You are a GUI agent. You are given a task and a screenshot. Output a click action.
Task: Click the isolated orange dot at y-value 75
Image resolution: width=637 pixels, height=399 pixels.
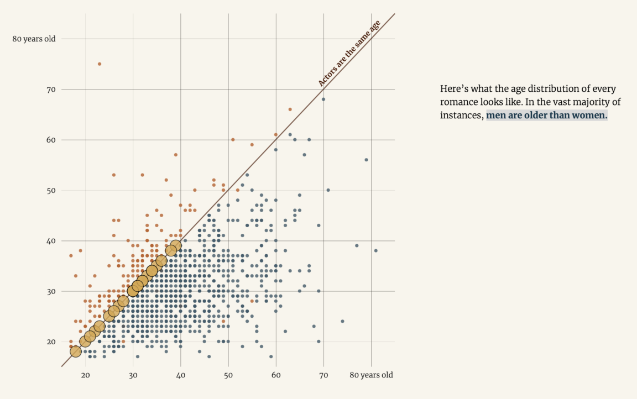coord(100,64)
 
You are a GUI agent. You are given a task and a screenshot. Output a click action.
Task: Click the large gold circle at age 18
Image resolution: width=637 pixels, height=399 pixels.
coord(76,351)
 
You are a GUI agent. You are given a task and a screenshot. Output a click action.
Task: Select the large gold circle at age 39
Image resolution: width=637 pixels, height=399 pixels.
coord(176,246)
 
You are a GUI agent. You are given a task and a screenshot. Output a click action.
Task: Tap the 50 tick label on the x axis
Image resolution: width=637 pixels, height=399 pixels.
coord(228,375)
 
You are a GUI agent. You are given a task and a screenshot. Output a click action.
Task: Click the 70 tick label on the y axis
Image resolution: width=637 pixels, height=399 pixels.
coord(51,90)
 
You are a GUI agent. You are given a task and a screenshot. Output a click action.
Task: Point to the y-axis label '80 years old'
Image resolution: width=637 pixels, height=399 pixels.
coord(34,39)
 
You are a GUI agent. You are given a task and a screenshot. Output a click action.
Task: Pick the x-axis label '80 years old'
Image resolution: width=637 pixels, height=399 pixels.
coord(371,375)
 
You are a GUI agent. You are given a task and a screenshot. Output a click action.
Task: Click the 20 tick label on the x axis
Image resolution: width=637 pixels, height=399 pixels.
coord(85,375)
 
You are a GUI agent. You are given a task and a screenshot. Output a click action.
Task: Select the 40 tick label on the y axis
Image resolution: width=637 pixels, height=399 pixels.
coord(51,241)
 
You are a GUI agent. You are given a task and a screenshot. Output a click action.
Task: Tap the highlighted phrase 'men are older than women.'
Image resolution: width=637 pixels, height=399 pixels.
coord(546,116)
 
